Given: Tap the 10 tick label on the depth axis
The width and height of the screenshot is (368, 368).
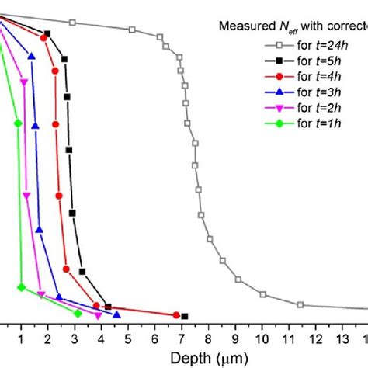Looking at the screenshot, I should [x=262, y=340].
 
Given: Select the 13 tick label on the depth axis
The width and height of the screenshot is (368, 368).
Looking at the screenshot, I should [x=342, y=340].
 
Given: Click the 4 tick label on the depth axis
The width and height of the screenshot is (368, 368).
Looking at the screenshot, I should [x=102, y=340].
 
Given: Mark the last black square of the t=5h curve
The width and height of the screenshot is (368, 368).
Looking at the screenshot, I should [x=185, y=316].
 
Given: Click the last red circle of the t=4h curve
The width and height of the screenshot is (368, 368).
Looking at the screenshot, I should [x=176, y=314].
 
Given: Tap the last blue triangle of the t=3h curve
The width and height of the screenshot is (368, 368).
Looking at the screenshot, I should [x=116, y=314].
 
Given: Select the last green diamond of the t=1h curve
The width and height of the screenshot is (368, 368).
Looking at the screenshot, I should [x=78, y=313].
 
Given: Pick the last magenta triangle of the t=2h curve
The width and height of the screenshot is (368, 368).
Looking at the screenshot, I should [x=98, y=315].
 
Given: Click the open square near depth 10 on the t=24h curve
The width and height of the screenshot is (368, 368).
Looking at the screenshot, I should [x=262, y=294].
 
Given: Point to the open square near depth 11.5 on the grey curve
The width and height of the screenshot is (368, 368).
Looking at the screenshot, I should [x=300, y=304].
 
